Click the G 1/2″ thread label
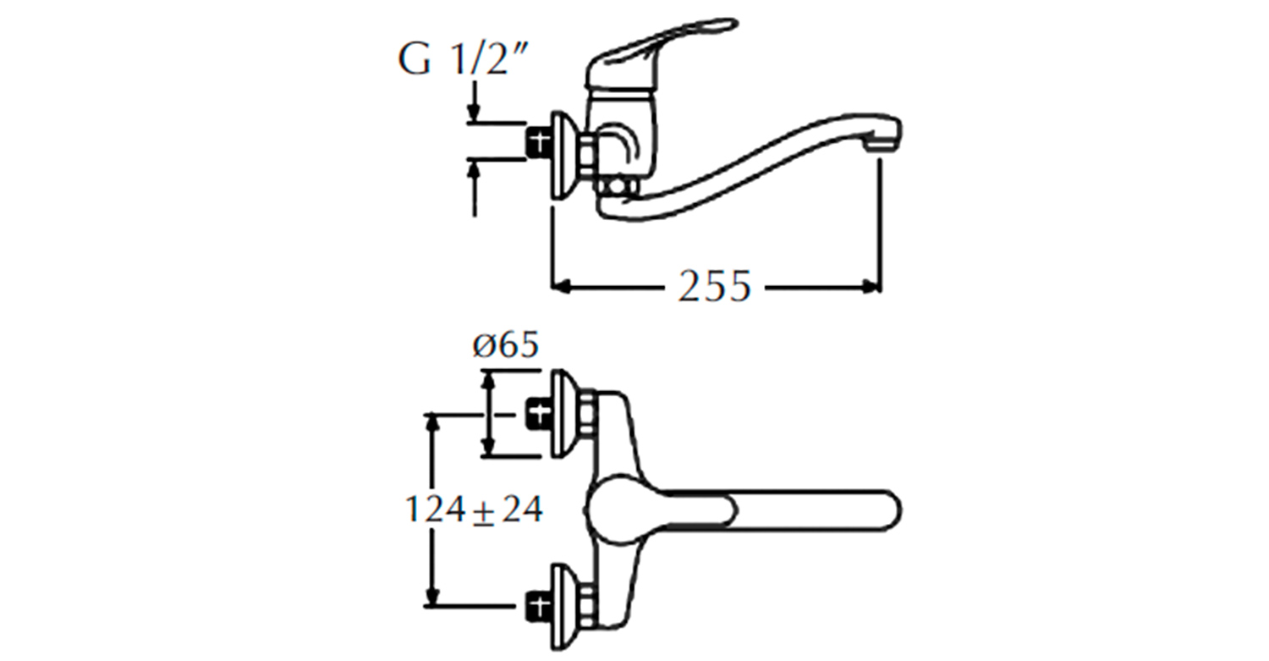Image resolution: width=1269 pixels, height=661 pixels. tap(464, 58)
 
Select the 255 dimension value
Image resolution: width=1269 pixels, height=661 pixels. tap(714, 286)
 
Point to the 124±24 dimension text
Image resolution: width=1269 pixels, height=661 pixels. tap(474, 509)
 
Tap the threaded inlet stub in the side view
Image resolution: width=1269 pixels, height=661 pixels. tap(538, 141)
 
